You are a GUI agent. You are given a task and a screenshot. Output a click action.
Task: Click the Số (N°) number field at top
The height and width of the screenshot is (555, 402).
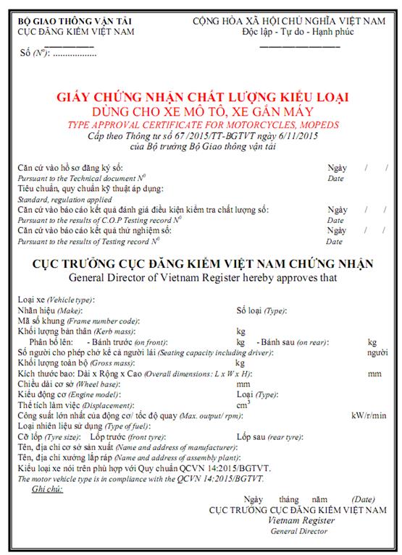(59, 54)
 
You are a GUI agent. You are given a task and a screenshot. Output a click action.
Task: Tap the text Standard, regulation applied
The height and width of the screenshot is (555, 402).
(64, 199)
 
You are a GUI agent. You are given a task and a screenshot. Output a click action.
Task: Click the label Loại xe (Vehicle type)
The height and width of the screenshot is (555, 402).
(56, 300)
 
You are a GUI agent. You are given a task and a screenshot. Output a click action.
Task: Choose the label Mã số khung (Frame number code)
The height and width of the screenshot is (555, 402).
(78, 320)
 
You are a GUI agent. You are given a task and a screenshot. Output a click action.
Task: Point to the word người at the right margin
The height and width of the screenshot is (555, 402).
(377, 352)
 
